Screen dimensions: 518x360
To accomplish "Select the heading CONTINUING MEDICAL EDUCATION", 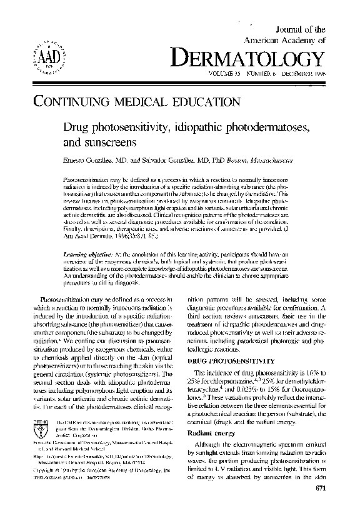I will coord(133,101).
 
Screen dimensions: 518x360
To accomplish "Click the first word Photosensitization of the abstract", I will coord(87,179).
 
